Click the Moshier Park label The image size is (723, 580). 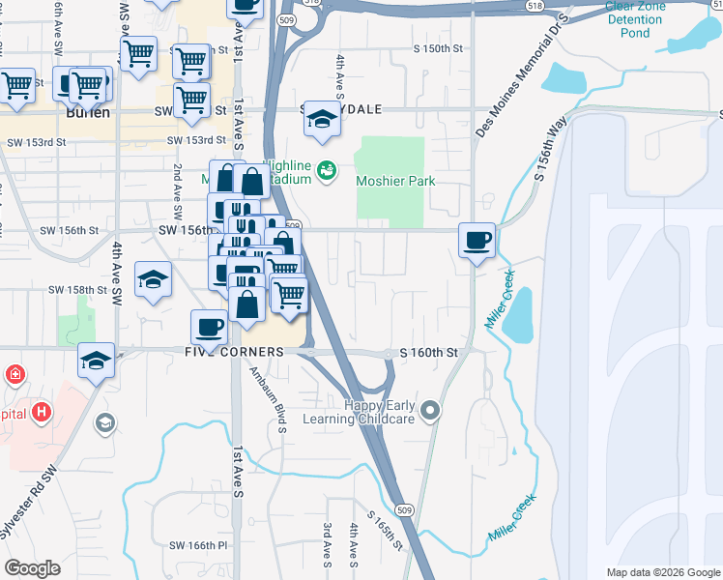[395, 181]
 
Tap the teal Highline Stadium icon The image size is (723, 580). [327, 171]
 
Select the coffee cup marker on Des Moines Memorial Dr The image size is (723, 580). [475, 241]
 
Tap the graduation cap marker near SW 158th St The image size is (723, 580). [153, 281]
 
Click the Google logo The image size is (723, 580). [32, 568]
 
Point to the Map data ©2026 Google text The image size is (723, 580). [663, 572]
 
